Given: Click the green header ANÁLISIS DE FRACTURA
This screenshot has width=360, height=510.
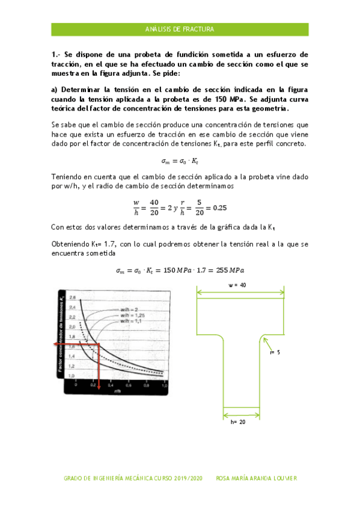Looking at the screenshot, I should click(x=180, y=29).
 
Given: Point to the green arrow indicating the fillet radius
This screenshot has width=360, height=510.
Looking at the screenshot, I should click(x=267, y=345).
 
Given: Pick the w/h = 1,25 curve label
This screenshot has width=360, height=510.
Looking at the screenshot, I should click(x=132, y=316).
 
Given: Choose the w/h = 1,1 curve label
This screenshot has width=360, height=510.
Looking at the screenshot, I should click(x=130, y=321).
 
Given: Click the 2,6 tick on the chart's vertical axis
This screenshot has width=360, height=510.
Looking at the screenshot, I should click(x=72, y=298).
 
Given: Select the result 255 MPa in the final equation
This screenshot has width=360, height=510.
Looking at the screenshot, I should click(x=229, y=270).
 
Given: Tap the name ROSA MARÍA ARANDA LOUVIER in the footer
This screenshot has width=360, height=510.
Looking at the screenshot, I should click(x=257, y=478).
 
